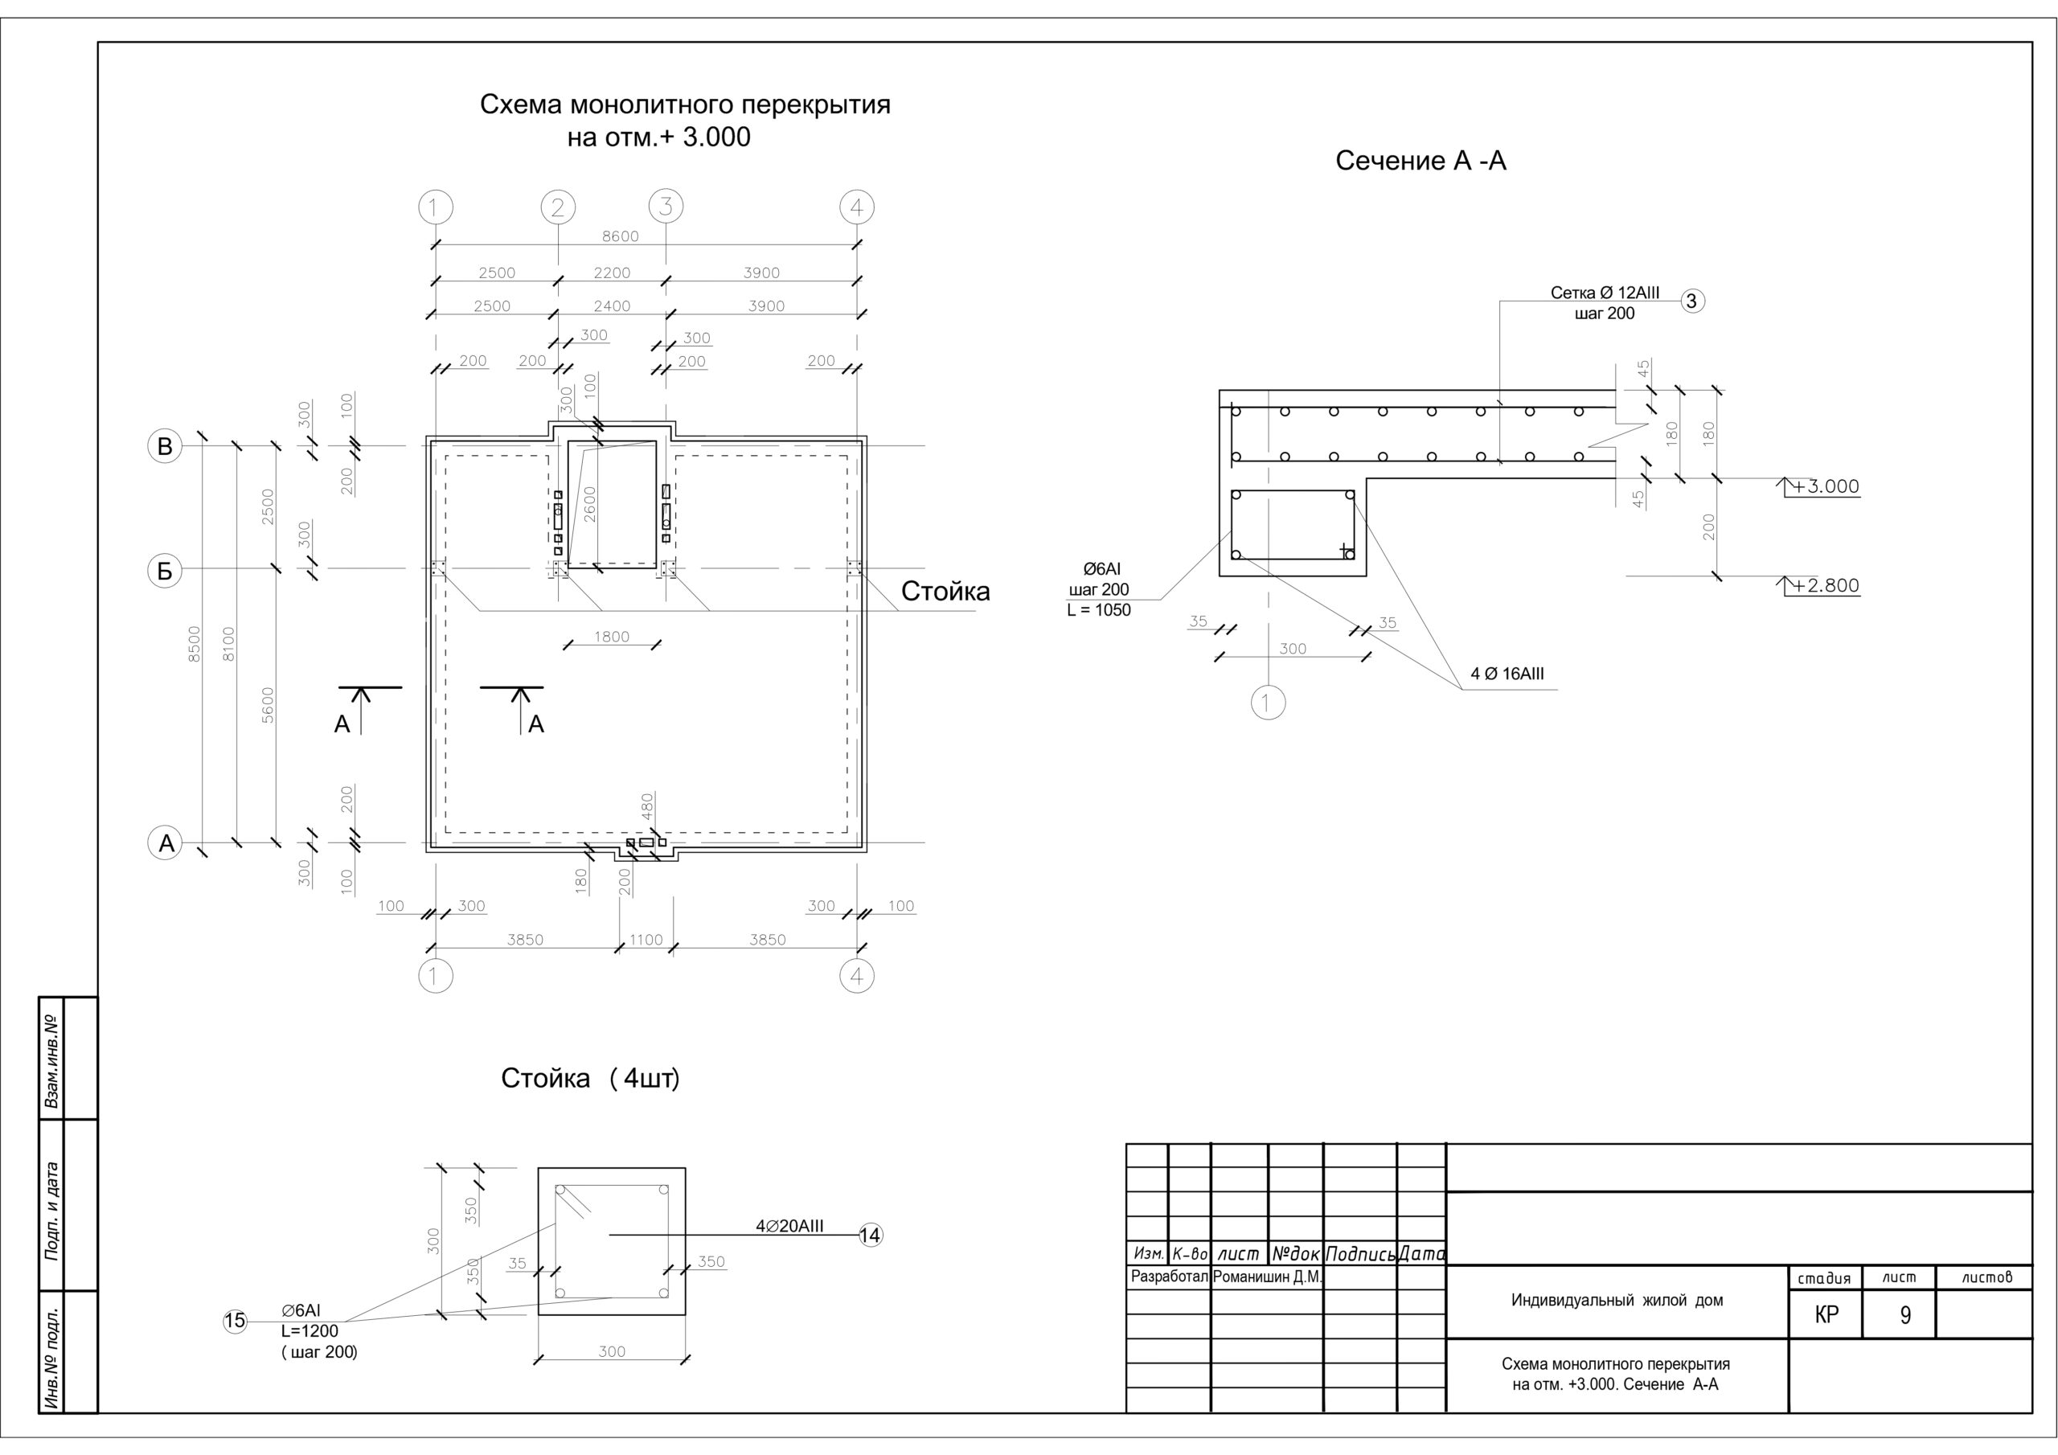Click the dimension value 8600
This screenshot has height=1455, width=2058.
click(x=621, y=236)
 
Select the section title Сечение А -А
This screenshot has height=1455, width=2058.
click(x=1421, y=161)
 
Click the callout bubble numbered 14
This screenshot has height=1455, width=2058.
click(x=871, y=1236)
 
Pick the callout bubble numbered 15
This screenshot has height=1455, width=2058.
click(x=235, y=1321)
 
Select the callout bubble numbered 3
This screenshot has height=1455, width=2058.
click(x=1691, y=301)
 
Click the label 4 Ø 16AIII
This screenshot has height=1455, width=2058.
click(x=1507, y=674)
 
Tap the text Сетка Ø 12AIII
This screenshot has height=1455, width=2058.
click(x=1605, y=293)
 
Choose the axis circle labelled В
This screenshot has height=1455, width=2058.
click(x=165, y=446)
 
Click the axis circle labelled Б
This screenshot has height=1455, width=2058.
click(x=165, y=571)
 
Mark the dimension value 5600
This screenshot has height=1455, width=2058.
click(x=268, y=706)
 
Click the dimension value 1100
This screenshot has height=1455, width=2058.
click(x=646, y=940)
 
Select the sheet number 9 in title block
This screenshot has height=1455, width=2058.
click(x=1905, y=1315)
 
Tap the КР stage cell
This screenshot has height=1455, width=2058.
click(x=1826, y=1314)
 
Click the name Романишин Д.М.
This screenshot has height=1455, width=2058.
click(x=1268, y=1277)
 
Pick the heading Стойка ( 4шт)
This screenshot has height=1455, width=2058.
click(x=591, y=1079)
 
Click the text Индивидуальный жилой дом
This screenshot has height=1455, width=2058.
click(x=1617, y=1300)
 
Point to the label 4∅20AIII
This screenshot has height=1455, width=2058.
click(x=789, y=1227)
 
